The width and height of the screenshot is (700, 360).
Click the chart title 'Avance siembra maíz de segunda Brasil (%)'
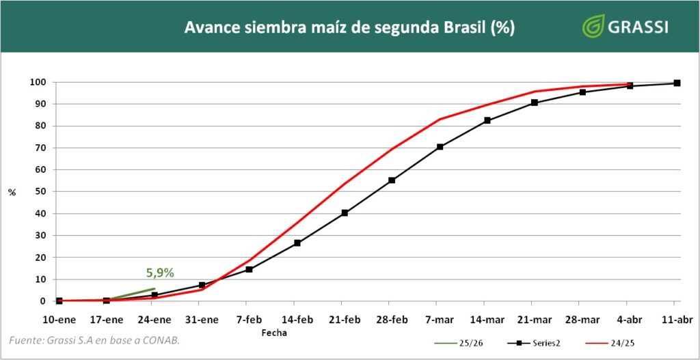(x=349, y=28)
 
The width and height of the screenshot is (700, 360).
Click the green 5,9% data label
(x=160, y=273)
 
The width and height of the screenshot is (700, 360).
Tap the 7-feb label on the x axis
(x=249, y=319)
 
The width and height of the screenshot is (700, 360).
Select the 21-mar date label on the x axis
(x=534, y=319)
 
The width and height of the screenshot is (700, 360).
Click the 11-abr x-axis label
(x=677, y=319)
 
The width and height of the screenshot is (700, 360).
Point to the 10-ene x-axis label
(x=59, y=319)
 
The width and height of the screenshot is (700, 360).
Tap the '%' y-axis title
(x=12, y=192)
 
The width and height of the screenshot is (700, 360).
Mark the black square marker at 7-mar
(x=440, y=147)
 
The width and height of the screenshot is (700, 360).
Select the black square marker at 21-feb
(x=345, y=212)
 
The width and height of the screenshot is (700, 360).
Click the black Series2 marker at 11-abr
(x=677, y=83)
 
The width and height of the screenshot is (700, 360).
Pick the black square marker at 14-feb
(x=297, y=243)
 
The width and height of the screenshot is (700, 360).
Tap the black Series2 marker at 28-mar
(x=582, y=92)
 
